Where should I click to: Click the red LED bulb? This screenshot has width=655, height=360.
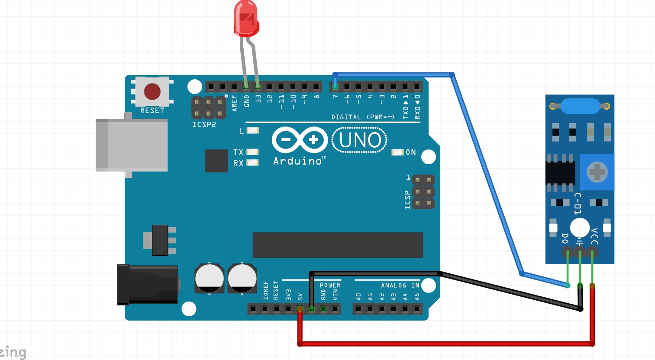[x=246, y=18]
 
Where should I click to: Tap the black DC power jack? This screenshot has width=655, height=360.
[x=147, y=284]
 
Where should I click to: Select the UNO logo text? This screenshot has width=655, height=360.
[x=360, y=140]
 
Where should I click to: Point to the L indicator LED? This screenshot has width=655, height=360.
[x=252, y=130]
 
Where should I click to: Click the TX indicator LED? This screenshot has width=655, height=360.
[x=252, y=152]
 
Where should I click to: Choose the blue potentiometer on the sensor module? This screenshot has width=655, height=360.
[x=597, y=172]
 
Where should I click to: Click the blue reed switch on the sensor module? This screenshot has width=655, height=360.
[x=580, y=105]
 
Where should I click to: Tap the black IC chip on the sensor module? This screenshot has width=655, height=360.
[x=560, y=172]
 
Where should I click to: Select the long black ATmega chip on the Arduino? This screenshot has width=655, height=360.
[x=338, y=245]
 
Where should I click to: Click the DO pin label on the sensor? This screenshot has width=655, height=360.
[x=565, y=238]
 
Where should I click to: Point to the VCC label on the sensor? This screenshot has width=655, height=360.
[x=594, y=237]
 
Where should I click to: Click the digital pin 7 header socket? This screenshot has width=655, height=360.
[x=335, y=87]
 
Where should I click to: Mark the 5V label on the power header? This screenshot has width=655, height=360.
[x=300, y=297]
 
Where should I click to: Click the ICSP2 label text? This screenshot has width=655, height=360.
[x=204, y=125]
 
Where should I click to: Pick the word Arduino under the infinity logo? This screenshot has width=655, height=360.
[x=297, y=161]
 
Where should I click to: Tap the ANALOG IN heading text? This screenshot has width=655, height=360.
[x=400, y=285]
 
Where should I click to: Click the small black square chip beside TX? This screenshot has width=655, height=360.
[x=216, y=161]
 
